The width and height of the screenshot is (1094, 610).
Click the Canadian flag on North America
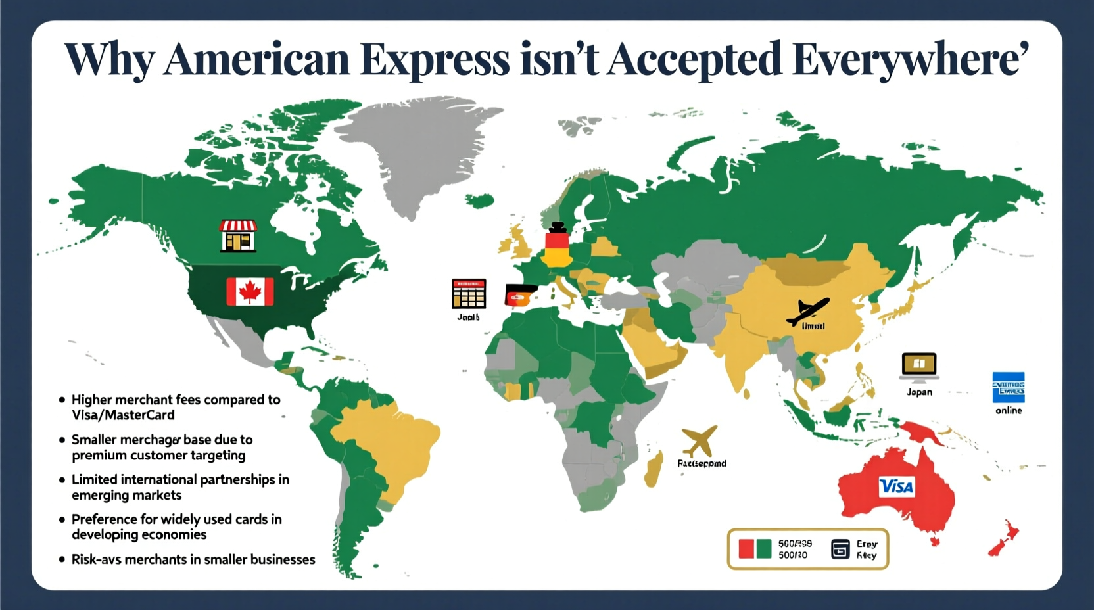point(250,291)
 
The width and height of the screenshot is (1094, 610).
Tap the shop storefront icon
point(238,236)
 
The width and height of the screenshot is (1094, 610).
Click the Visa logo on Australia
point(896,486)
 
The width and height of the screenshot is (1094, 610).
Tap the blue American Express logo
point(1008,387)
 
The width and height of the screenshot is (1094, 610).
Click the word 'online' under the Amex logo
point(1009,410)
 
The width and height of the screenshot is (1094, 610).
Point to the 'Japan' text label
point(919,392)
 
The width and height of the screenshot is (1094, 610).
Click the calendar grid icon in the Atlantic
point(469,294)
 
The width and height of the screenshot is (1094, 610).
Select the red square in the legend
point(746,549)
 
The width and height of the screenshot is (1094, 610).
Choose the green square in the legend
point(763,549)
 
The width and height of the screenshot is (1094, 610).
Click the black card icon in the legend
point(840,549)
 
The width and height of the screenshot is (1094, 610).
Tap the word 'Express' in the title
point(435,59)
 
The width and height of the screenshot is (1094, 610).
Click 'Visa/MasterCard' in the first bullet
point(123,415)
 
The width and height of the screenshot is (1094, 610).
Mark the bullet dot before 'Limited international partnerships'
point(62,480)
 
